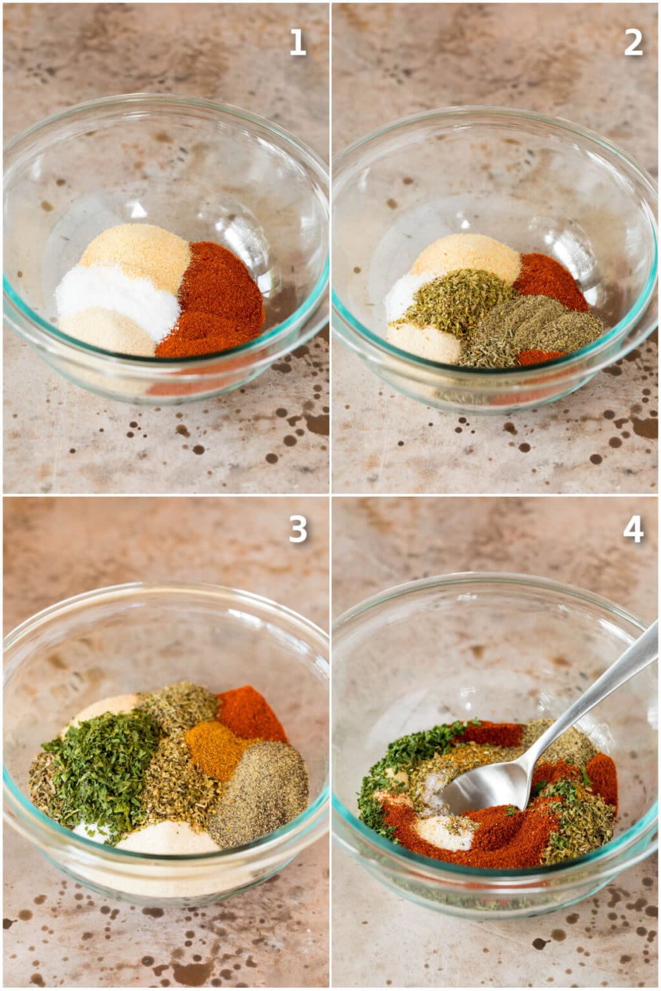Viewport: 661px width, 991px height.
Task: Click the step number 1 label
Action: [x=297, y=43]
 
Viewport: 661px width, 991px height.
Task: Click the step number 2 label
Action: [x=633, y=43]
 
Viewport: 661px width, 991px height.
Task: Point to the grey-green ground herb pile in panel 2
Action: [x=536, y=326]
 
